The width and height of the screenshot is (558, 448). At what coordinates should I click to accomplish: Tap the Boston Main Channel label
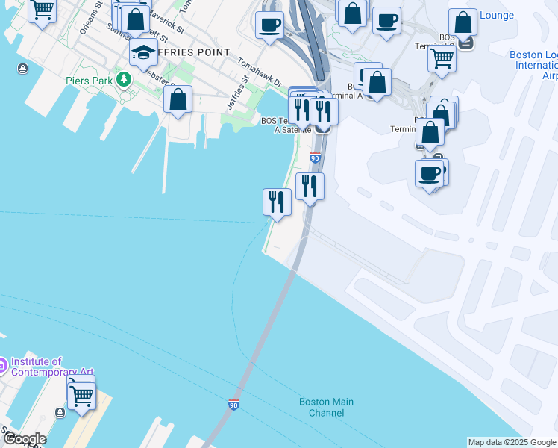[x=326, y=407]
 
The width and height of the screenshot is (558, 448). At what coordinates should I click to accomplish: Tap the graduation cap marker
[x=143, y=53]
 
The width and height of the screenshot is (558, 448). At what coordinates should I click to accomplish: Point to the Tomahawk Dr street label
[x=260, y=72]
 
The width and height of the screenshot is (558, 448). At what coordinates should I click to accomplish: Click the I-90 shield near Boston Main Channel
[x=234, y=404]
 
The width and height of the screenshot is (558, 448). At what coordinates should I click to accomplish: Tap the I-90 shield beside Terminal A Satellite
[x=315, y=158]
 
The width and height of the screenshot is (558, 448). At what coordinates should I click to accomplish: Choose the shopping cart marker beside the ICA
[x=81, y=396]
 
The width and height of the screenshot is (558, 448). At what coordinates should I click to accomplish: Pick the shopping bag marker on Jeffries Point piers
[x=178, y=99]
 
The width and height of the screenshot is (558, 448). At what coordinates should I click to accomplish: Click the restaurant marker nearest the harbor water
[x=277, y=202]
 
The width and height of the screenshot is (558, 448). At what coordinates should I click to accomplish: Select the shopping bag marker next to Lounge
[x=463, y=22]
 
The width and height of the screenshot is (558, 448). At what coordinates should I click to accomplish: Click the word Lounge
[x=497, y=15]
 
